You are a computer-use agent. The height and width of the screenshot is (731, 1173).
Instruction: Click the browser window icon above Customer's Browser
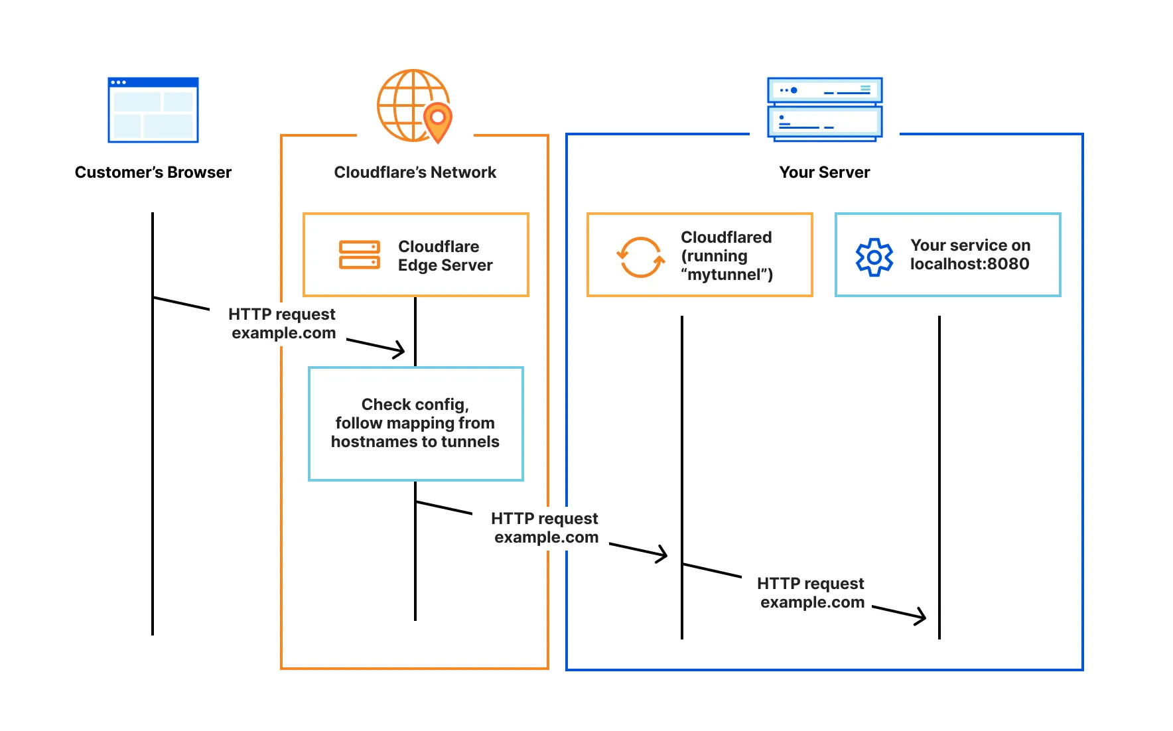pyautogui.click(x=153, y=110)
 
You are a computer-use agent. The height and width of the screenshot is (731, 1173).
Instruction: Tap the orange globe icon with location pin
pyautogui.click(x=410, y=105)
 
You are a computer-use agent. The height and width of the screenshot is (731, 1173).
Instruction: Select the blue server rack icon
pyautogui.click(x=825, y=109)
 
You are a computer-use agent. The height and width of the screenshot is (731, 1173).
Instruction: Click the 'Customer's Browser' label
pyautogui.click(x=153, y=172)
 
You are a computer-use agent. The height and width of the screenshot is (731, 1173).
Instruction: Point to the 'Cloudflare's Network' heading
pyautogui.click(x=415, y=172)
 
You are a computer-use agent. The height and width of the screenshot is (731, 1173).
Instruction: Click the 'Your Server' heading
pyautogui.click(x=824, y=172)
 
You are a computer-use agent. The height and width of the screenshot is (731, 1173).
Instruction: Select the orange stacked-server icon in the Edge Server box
pyautogui.click(x=359, y=255)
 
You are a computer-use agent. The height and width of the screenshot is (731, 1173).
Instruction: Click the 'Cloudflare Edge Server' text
pyautogui.click(x=445, y=255)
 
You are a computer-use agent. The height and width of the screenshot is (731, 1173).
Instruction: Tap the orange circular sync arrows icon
pyautogui.click(x=640, y=257)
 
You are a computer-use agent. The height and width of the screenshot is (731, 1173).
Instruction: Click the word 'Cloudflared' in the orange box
pyautogui.click(x=726, y=237)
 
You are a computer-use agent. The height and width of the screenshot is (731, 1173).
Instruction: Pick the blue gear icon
pyautogui.click(x=874, y=257)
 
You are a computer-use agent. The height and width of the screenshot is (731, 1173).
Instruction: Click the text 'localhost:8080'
pyautogui.click(x=969, y=264)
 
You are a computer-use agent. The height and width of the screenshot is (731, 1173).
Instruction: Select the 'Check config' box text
pyautogui.click(x=415, y=423)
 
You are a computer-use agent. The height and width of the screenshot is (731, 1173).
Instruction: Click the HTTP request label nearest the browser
pyautogui.click(x=283, y=323)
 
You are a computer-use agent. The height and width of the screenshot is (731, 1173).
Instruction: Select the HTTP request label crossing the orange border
pyautogui.click(x=545, y=527)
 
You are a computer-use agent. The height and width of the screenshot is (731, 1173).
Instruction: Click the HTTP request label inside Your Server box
pyautogui.click(x=811, y=592)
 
